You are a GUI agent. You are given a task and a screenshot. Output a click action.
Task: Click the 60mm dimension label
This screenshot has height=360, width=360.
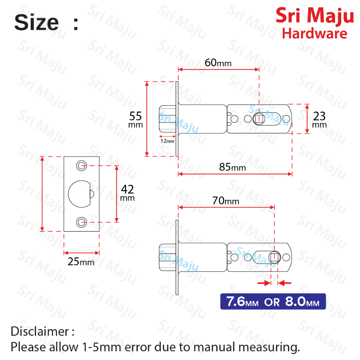click(x=218, y=63)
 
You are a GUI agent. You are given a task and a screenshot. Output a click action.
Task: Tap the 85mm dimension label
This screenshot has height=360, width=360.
click(x=232, y=167)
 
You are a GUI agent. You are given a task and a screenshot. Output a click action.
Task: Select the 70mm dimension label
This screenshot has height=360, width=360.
click(x=225, y=201)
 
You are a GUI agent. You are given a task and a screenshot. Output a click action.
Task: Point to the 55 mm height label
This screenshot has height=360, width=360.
click(x=135, y=120)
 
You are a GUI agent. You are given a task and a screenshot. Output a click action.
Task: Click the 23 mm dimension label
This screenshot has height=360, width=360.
click(x=319, y=120)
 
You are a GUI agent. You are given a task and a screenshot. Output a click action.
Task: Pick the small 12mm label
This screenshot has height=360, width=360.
click(x=167, y=141)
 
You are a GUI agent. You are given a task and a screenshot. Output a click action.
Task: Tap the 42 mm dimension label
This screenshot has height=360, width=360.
click(x=127, y=193)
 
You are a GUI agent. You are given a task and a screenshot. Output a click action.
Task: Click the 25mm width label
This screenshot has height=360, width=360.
click(x=81, y=262)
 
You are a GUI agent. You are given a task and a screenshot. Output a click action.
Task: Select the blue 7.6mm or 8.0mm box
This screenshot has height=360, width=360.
click(x=273, y=301)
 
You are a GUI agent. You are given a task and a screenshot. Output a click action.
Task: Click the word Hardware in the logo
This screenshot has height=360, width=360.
click(x=315, y=33)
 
